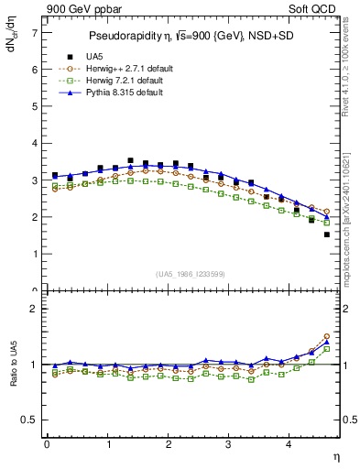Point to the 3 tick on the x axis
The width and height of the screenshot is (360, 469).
(x=229, y=446)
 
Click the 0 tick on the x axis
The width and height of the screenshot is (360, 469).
(x=47, y=446)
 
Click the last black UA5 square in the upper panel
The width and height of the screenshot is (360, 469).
(x=326, y=234)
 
